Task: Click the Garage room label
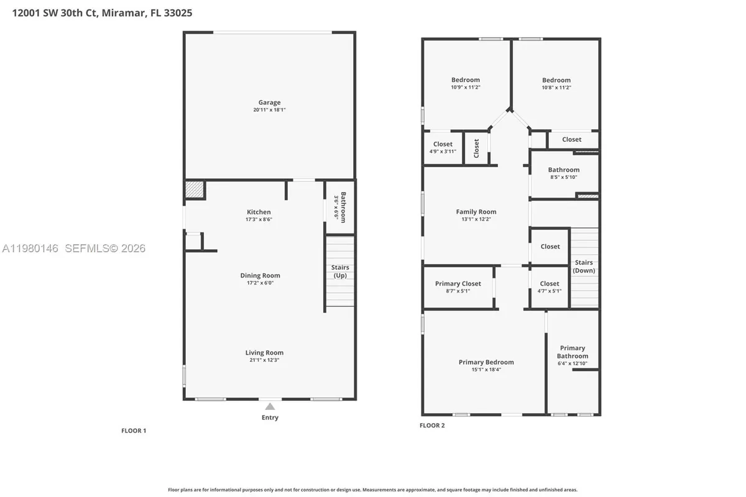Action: (x=269, y=103)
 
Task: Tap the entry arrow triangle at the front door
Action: (x=270, y=406)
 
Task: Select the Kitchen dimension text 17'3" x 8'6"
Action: (x=259, y=219)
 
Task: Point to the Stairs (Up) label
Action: (x=340, y=271)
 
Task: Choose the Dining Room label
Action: (x=260, y=275)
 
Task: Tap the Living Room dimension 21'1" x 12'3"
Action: (x=264, y=360)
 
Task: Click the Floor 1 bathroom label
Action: (x=340, y=207)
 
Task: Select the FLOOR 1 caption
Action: (x=133, y=431)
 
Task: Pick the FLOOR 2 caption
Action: (x=432, y=426)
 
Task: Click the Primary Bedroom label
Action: (x=486, y=362)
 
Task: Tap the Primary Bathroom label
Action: (x=572, y=352)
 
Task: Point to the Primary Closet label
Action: (x=458, y=284)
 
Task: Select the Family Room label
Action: (x=476, y=212)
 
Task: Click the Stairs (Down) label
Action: (x=584, y=267)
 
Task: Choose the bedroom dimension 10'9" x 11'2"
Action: (x=466, y=88)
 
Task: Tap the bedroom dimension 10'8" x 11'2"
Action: (x=556, y=88)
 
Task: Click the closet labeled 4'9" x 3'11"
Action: (x=443, y=151)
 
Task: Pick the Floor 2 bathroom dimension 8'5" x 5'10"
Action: (x=563, y=177)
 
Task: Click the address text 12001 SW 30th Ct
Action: (x=55, y=12)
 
